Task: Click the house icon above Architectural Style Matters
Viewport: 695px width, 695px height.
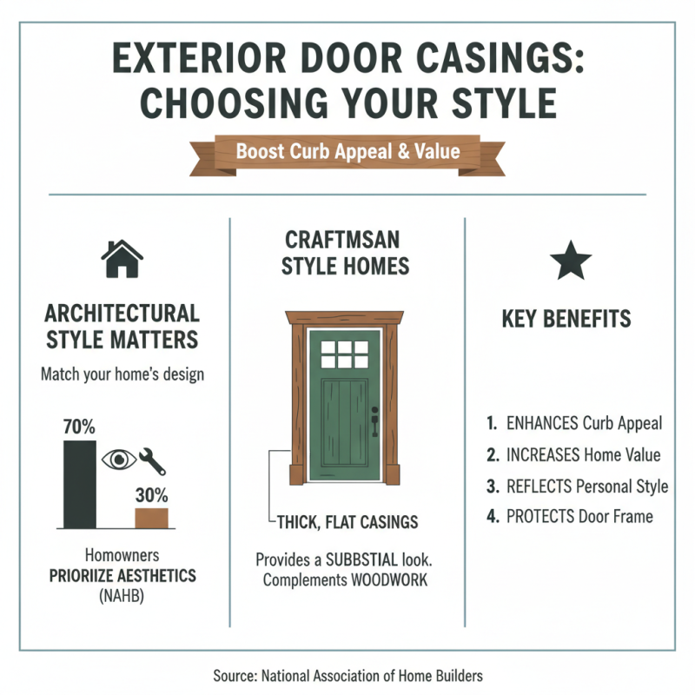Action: click(122, 258)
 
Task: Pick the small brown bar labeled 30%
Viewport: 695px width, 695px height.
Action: click(151, 518)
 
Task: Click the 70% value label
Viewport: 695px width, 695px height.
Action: click(79, 427)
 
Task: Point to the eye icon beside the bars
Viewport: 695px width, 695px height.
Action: click(120, 460)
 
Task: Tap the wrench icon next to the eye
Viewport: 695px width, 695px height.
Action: click(152, 460)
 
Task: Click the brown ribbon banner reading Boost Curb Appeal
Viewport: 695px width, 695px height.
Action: click(347, 151)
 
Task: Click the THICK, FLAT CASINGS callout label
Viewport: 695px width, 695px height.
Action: click(347, 522)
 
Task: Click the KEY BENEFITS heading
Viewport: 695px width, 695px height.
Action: click(566, 319)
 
